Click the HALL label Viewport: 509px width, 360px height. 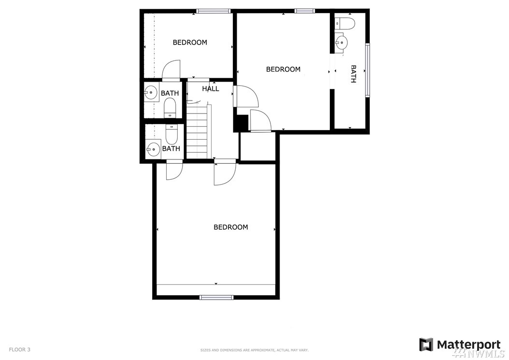pyautogui.click(x=211, y=88)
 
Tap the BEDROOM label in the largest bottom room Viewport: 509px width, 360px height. pyautogui.click(x=231, y=227)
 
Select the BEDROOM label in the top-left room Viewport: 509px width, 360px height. pyautogui.click(x=190, y=42)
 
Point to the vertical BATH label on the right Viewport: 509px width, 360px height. pyautogui.click(x=353, y=74)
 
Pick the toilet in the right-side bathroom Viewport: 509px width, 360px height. pyautogui.click(x=345, y=23)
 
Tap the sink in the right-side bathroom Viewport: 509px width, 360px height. pyautogui.click(x=341, y=42)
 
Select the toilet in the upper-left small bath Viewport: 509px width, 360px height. pyautogui.click(x=170, y=108)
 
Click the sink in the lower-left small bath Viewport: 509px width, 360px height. pyautogui.click(x=153, y=149)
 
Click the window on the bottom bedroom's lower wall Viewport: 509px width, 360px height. pyautogui.click(x=216, y=297)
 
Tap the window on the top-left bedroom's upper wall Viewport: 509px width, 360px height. pyautogui.click(x=213, y=11)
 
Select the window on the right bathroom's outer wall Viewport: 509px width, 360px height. pyautogui.click(x=368, y=70)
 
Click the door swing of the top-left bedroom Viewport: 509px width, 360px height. pyautogui.click(x=171, y=69)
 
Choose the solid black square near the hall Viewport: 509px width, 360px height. pyautogui.click(x=242, y=123)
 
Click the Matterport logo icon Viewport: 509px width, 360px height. pyautogui.click(x=426, y=345)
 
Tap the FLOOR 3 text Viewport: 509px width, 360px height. pyautogui.click(x=19, y=349)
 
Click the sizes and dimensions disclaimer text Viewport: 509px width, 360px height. pyautogui.click(x=254, y=350)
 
